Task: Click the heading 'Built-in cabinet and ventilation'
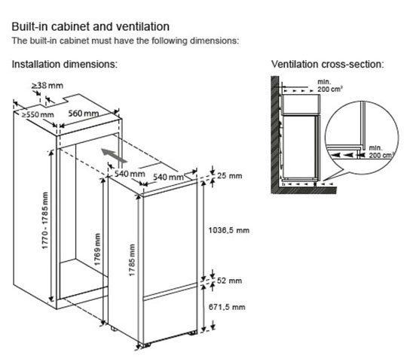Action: click(90, 26)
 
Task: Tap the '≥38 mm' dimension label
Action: click(47, 85)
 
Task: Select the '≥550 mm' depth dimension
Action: click(38, 114)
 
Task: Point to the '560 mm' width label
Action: click(84, 114)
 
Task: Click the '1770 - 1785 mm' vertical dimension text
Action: click(45, 220)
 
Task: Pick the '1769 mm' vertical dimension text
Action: click(97, 250)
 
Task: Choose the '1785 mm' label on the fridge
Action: click(132, 260)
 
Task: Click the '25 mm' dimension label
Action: click(230, 175)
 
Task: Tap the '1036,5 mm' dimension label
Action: click(229, 230)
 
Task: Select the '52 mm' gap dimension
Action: click(229, 281)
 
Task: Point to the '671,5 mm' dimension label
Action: click(227, 307)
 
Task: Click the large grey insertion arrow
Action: click(114, 155)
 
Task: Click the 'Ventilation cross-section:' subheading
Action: click(327, 64)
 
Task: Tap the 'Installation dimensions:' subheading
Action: click(65, 64)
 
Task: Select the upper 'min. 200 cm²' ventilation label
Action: click(329, 86)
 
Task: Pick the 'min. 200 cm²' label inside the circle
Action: click(381, 152)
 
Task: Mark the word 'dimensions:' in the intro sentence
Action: click(214, 41)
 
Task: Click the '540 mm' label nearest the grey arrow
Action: click(130, 174)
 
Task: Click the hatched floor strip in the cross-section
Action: click(304, 190)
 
